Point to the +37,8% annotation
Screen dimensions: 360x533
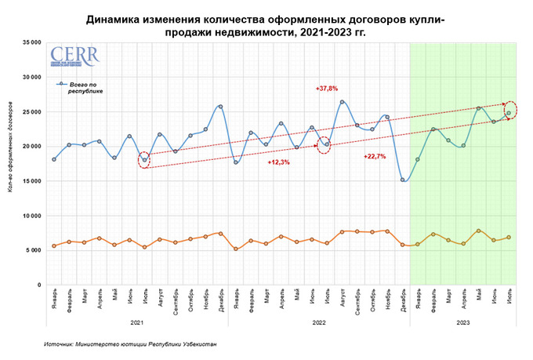pos(327,88)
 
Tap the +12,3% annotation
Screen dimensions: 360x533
pos(279,162)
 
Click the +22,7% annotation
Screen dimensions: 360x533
pos(375,157)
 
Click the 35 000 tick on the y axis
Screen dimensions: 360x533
pos(31,42)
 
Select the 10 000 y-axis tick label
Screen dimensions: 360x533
pos(31,216)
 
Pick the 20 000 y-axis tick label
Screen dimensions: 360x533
pos(31,147)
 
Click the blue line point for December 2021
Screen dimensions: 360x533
pos(220,107)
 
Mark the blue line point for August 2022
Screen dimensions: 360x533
pos(342,102)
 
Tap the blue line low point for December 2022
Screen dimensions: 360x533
pos(403,180)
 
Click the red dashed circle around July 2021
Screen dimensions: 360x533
pos(144,160)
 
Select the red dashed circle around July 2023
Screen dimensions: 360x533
pos(510,111)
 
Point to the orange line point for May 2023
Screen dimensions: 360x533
pos(478,231)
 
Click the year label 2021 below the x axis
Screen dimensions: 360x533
pos(136,322)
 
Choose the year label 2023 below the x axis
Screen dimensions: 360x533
pos(463,322)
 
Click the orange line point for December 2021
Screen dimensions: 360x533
pos(220,234)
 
